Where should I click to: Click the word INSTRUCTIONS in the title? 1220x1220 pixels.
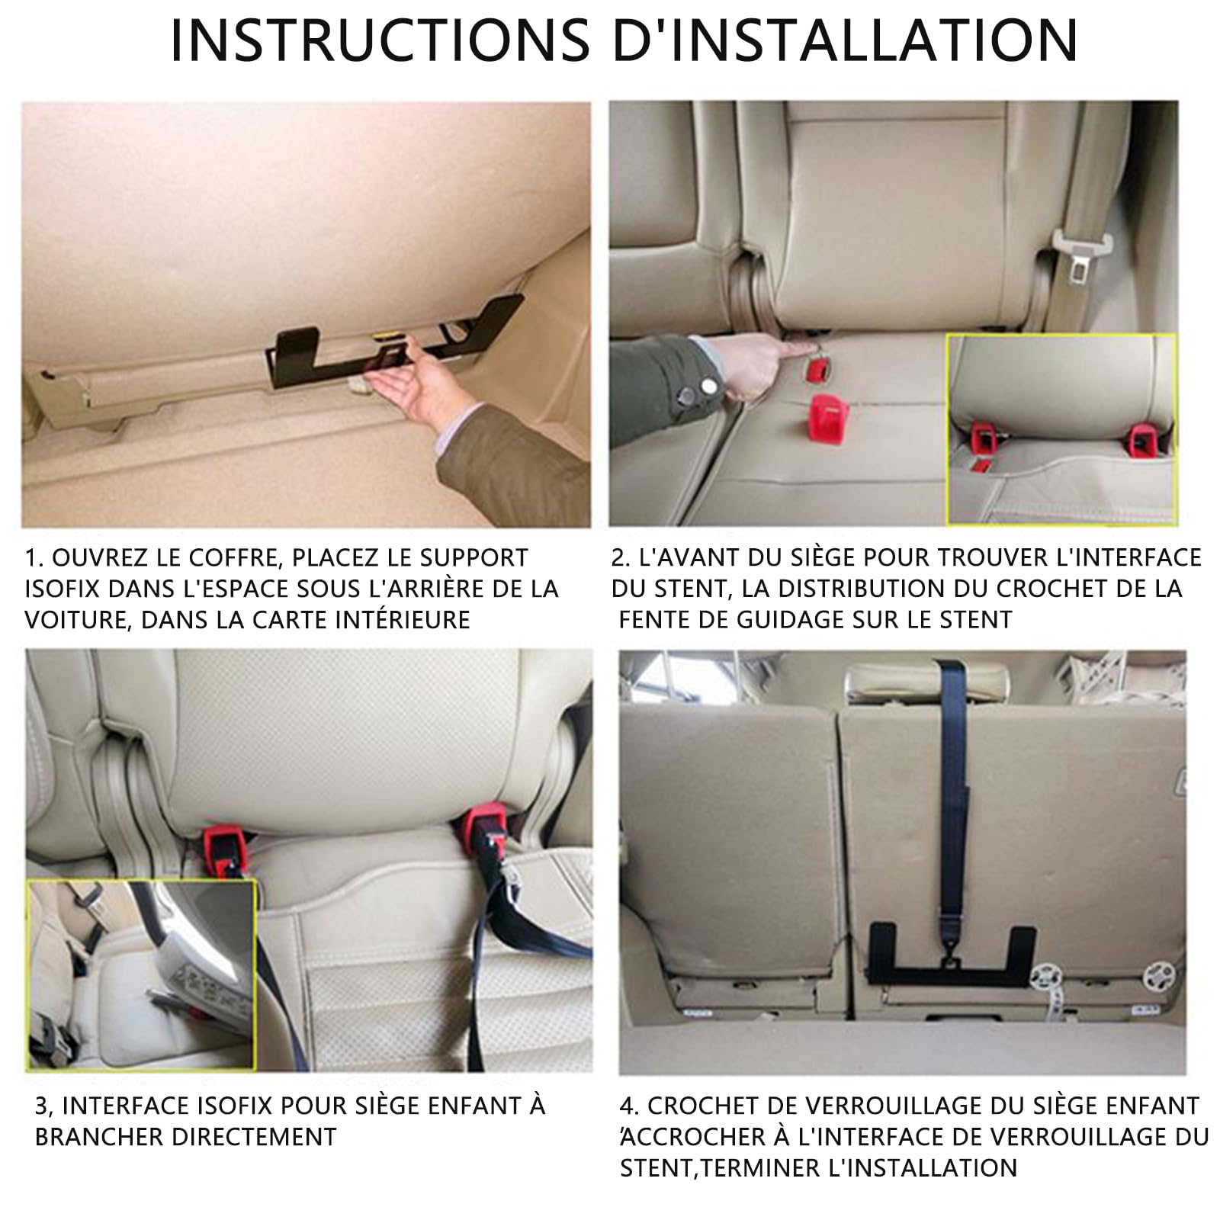click(x=380, y=39)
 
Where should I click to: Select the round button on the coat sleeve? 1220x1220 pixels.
click(x=689, y=395)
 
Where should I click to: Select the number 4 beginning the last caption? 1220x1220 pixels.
click(x=627, y=1106)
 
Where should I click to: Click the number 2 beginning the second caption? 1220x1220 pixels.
click(x=619, y=557)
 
